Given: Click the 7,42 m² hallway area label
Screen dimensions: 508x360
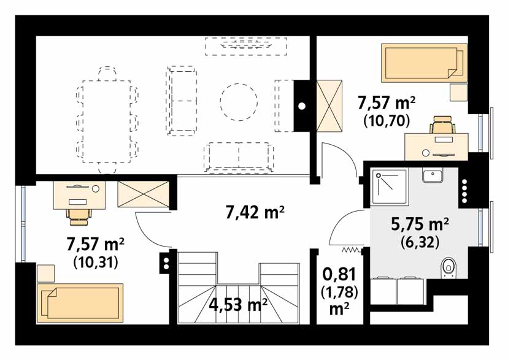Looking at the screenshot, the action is coord(255,213).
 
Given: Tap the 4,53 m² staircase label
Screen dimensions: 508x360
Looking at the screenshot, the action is coord(238,304).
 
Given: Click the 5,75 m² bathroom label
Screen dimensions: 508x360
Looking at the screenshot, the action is coord(420,224).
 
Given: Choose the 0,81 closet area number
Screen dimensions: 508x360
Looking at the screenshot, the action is coord(339,274).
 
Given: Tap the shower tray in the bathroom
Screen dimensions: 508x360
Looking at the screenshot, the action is coord(389,187).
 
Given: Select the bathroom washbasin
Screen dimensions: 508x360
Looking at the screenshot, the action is coord(433,175).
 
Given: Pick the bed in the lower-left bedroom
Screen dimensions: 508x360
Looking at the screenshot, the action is coord(80,303).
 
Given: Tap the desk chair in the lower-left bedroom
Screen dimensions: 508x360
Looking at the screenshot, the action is coord(79,216).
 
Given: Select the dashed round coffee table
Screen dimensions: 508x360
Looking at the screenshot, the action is coord(239,102).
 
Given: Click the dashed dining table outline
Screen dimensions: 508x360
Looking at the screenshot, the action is coord(107,121).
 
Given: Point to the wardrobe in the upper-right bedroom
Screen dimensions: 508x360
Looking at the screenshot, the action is coord(329,106).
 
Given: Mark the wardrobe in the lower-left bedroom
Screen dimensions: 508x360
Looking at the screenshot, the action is coord(143,194).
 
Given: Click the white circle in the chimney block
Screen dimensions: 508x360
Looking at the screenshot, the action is coord(302,106).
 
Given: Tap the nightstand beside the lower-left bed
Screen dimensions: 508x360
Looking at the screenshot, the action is coord(45,274).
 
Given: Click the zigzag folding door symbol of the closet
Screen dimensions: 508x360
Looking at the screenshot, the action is coord(351,250).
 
